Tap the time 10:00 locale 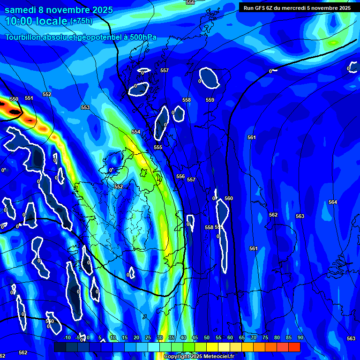click(x=37, y=21)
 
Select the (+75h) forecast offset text click(x=81, y=21)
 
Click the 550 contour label click(x=14, y=99)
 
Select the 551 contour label click(x=29, y=98)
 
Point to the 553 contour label click(x=85, y=107)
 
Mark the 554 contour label click(x=136, y=132)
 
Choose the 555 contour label click(x=158, y=147)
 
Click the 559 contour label click(x=210, y=100)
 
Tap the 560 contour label click(x=229, y=198)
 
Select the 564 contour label click(x=333, y=202)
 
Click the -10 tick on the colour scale click(x=67, y=338)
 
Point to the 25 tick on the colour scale click(x=148, y=338)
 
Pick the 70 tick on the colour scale click(x=254, y=338)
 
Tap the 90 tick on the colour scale click(x=300, y=338)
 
